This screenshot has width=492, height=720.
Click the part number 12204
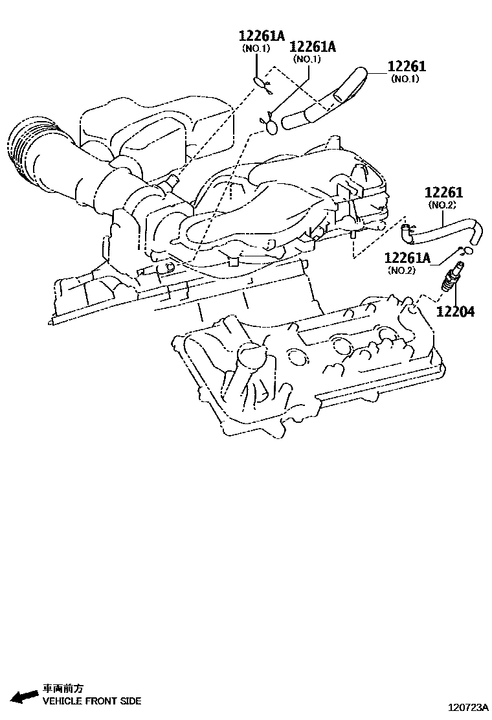click(454, 311)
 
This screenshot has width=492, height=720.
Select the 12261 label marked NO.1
click(407, 66)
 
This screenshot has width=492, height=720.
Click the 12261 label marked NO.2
click(444, 193)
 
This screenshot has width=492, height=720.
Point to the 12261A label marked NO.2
click(407, 258)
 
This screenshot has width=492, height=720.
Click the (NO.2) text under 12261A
click(401, 270)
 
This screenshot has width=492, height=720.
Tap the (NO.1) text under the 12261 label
click(405, 79)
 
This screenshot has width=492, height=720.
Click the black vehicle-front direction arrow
click(25, 696)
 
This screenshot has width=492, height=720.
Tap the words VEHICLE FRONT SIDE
click(91, 701)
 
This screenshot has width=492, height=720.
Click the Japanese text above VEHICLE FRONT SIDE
click(63, 689)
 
